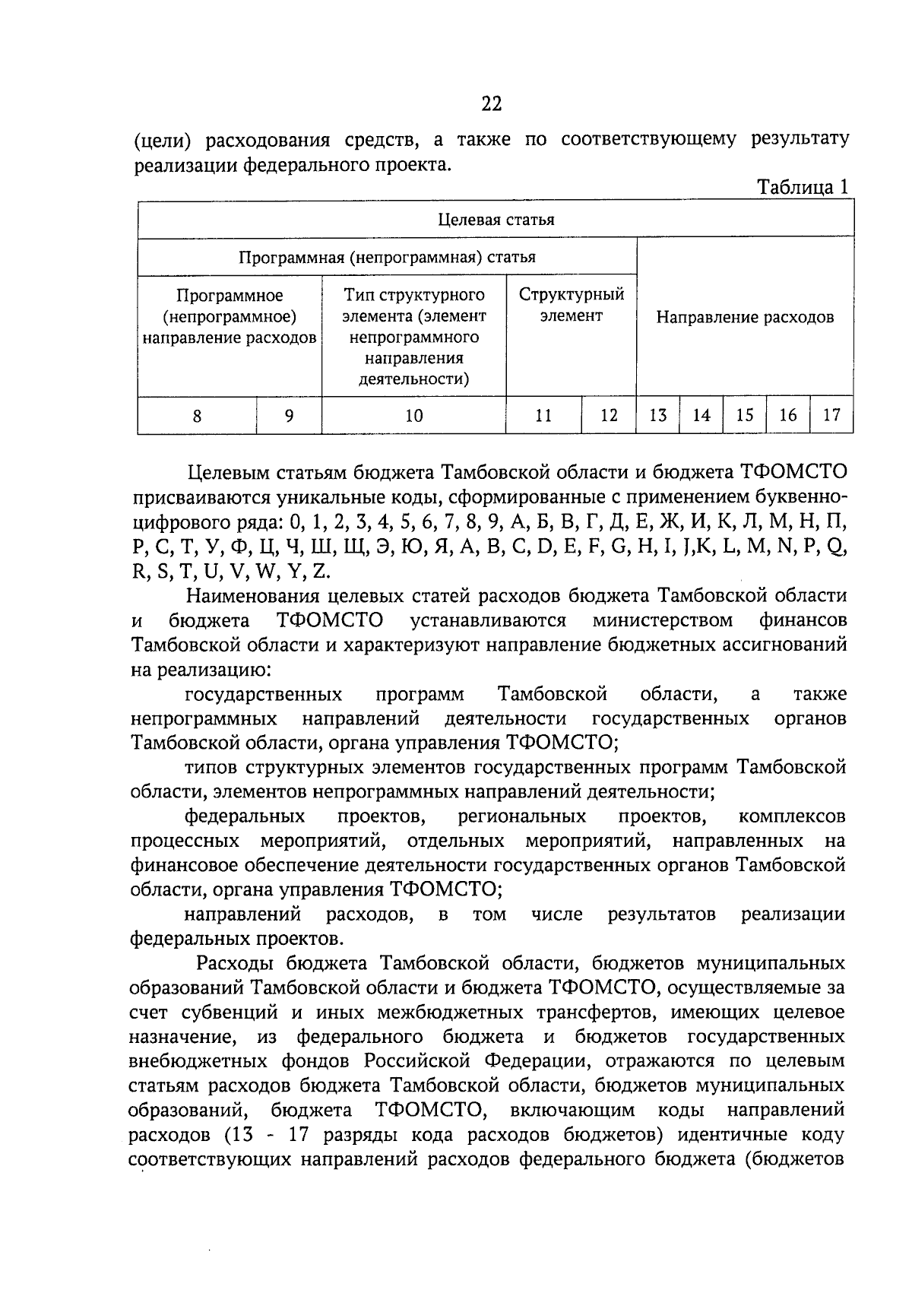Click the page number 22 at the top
click(x=492, y=104)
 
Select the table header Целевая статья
click(x=496, y=220)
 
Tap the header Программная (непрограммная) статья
click(x=388, y=257)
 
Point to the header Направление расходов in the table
click(x=745, y=317)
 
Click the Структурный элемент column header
click(x=572, y=305)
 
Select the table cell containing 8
click(x=198, y=415)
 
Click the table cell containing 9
click(x=289, y=415)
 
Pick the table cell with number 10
click(x=414, y=415)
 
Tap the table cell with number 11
click(x=543, y=415)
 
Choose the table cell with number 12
click(x=609, y=415)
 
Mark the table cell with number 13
click(x=658, y=415)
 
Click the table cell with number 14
click(x=701, y=415)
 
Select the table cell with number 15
click(x=745, y=415)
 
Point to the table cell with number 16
click(x=788, y=415)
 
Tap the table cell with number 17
click(x=832, y=415)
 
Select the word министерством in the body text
click(x=663, y=620)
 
